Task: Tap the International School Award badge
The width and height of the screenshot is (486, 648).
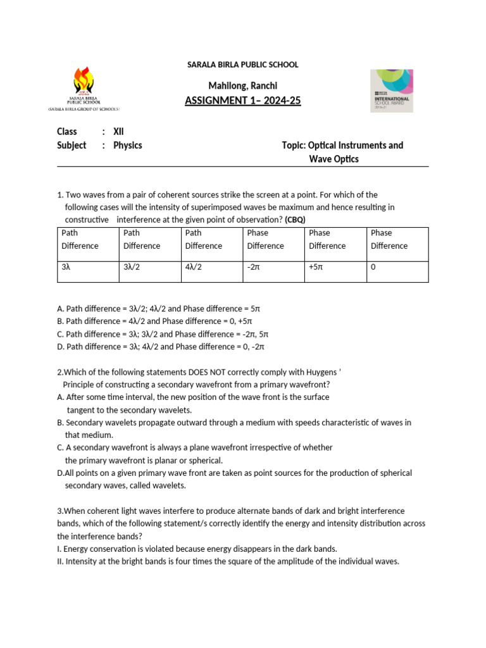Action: (x=392, y=90)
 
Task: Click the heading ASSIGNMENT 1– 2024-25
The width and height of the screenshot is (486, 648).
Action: (x=242, y=101)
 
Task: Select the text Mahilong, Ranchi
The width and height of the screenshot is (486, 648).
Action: (x=242, y=85)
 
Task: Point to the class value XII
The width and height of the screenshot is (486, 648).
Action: (x=118, y=132)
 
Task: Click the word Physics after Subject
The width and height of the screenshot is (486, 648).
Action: (x=127, y=146)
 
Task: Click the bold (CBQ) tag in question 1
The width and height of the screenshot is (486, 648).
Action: (x=295, y=220)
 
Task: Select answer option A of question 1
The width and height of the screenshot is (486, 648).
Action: (x=158, y=309)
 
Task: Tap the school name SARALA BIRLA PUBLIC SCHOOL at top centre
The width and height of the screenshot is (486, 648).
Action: (x=242, y=65)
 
